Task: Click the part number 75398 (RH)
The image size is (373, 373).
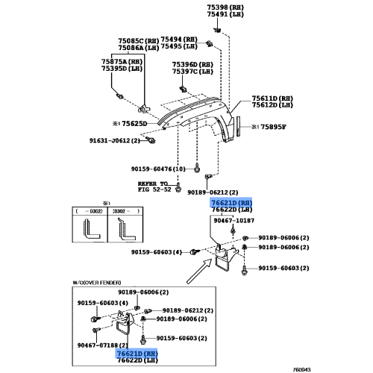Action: pos(225,7)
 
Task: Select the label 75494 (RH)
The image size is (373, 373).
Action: pos(179,40)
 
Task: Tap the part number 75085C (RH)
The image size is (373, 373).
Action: pos(139,41)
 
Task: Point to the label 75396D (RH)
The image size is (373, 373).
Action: pos(192,65)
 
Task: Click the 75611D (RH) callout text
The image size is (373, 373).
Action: pos(272,98)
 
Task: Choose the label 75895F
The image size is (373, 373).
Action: pos(273,127)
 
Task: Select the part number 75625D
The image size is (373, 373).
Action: pos(134,124)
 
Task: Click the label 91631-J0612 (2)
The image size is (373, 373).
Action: pos(115,141)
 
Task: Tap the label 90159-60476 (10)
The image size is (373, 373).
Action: pos(158,169)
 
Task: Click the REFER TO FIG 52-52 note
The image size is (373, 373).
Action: pos(154,186)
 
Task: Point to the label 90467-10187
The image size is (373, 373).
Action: pos(234,221)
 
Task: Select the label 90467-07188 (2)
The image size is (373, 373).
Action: pos(103,345)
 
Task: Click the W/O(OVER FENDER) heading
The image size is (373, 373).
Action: pos(97,283)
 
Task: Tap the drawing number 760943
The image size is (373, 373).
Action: pos(301,370)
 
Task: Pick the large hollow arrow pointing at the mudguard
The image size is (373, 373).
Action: pos(199,271)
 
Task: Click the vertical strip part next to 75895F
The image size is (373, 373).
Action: pos(239,126)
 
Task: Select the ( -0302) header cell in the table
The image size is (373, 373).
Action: pos(90,211)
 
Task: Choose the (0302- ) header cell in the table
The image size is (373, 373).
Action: pos(125,211)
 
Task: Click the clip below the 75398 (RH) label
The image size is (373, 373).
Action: pos(217,31)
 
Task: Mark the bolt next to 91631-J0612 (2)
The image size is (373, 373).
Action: pos(151,140)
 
